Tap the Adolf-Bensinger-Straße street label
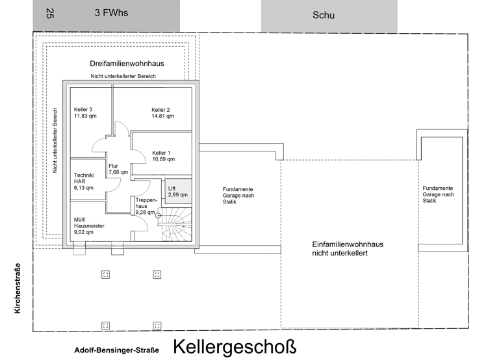[117, 350]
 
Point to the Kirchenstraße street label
[18, 289]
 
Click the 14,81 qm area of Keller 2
[162, 117]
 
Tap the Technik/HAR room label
[84, 181]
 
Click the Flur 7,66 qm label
[118, 169]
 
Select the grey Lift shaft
[178, 190]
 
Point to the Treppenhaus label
[145, 205]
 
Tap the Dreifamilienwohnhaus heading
[127, 64]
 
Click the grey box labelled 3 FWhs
[107, 14]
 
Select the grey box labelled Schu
[328, 15]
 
